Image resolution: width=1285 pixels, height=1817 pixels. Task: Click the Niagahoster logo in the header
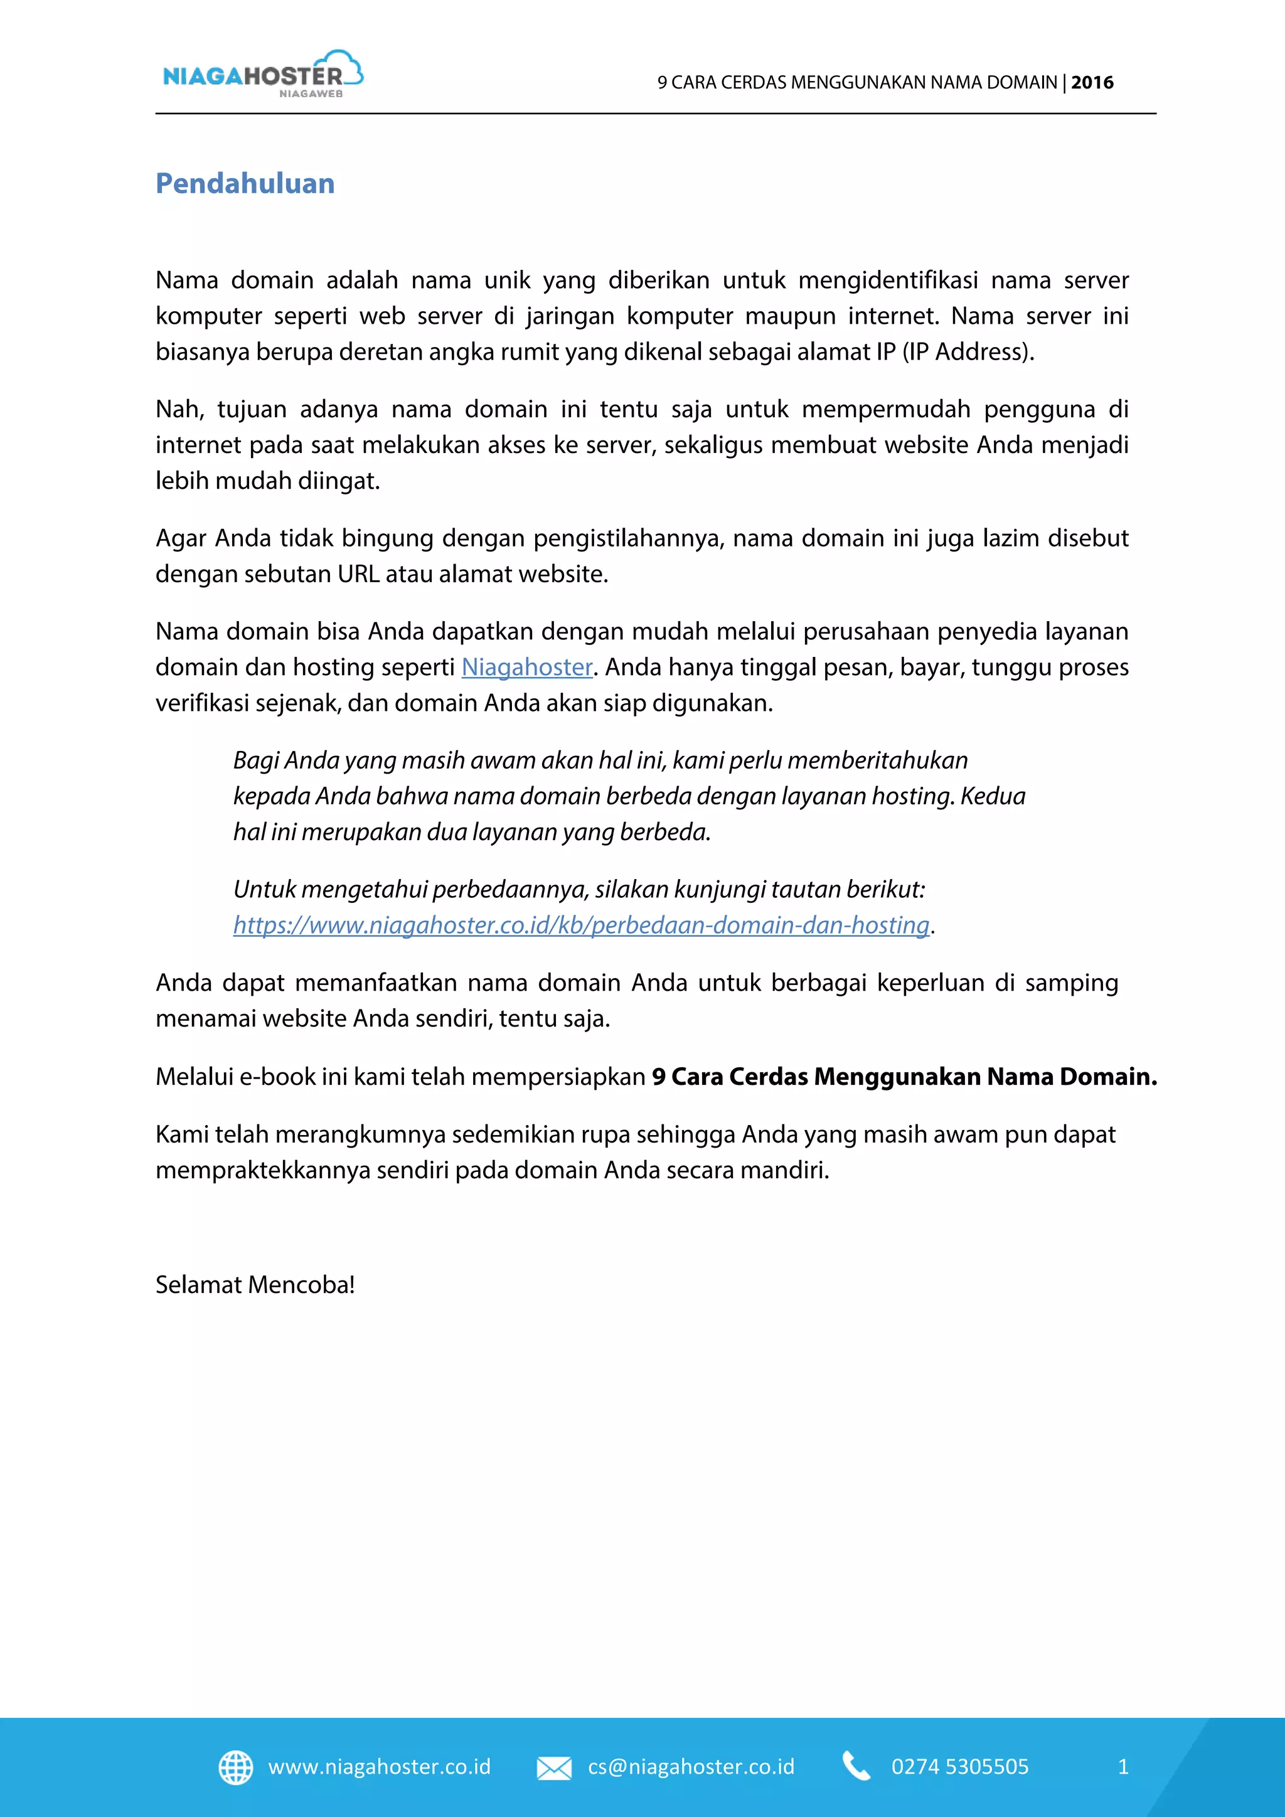tap(253, 77)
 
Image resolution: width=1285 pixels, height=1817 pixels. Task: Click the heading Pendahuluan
tap(245, 184)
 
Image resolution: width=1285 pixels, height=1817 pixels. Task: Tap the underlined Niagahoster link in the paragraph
tap(527, 667)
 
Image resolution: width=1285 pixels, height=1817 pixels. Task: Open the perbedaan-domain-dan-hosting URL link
tap(581, 925)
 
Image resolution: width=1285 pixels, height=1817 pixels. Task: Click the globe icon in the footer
tap(235, 1767)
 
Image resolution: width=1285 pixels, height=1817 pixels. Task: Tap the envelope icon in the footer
tap(554, 1768)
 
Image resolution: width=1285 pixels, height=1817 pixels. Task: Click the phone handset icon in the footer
tap(856, 1766)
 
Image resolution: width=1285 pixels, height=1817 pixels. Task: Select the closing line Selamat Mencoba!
tap(255, 1284)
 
